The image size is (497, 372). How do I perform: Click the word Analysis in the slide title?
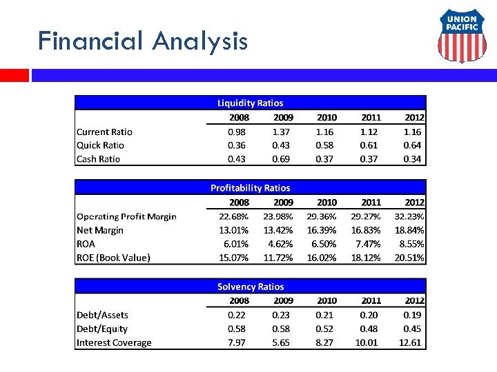pos(200,41)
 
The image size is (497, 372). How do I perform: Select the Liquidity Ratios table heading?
pos(250,103)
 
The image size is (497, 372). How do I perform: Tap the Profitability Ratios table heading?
pos(250,187)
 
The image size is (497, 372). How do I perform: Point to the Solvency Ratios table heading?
pos(250,287)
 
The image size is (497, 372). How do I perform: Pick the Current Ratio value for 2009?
pos(281,132)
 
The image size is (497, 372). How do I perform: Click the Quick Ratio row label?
pos(100,145)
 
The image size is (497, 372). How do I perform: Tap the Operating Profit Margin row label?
pos(126,216)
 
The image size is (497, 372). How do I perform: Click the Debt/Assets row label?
pos(102,315)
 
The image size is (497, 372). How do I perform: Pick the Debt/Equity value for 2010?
pos(325,329)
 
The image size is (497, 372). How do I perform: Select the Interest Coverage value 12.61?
pos(411,342)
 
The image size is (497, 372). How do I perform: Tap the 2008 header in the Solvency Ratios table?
pos(239,300)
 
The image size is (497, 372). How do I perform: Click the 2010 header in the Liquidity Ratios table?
pos(327,117)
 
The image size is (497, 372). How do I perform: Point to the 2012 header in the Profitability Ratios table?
pos(414,202)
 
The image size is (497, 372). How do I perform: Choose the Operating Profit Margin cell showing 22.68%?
pos(234,216)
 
